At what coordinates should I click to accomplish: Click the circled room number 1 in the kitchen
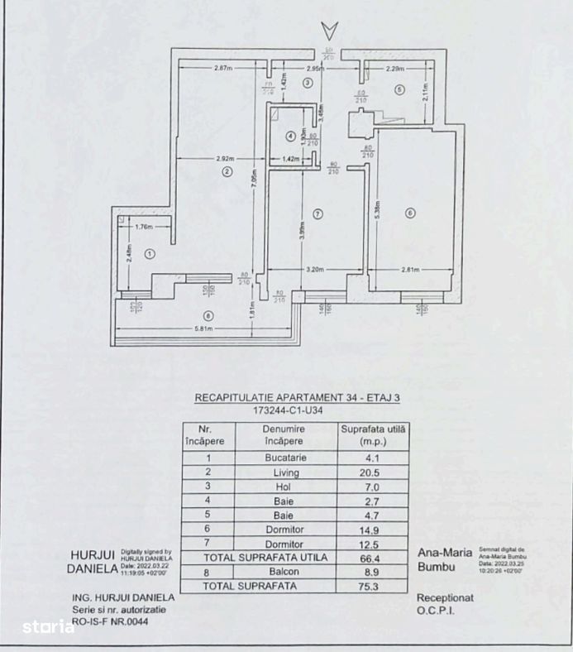(150, 254)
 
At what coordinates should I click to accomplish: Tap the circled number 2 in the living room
(225, 172)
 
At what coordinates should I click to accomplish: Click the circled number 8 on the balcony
(208, 314)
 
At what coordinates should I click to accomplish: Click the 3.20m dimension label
(315, 270)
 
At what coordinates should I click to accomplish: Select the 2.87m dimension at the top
(222, 67)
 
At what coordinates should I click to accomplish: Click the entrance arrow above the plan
(329, 31)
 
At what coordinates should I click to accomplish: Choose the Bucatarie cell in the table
(284, 458)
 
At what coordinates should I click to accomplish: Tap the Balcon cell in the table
(284, 572)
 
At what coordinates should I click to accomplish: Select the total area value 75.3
(374, 587)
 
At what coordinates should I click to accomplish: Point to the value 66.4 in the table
(374, 558)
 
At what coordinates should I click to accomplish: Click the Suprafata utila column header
(374, 435)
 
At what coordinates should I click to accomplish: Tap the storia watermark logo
(49, 626)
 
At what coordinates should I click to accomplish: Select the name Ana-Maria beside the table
(445, 552)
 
